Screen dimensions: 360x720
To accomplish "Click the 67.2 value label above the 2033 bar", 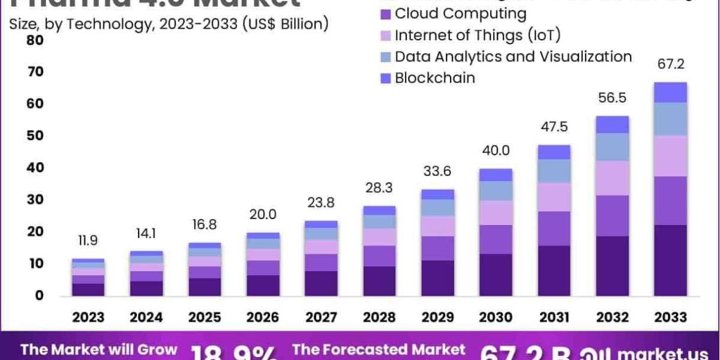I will pyautogui.click(x=671, y=64).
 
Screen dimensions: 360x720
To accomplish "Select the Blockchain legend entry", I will pyautogui.click(x=434, y=78).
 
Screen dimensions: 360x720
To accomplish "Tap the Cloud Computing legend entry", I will pyautogui.click(x=460, y=13).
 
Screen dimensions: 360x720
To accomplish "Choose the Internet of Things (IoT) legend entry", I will pyautogui.click(x=477, y=35).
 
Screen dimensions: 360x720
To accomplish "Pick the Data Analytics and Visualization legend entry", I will pyautogui.click(x=513, y=56).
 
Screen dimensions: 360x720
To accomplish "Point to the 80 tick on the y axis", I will pyautogui.click(x=35, y=40).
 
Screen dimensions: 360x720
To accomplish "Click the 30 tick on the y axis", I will pyautogui.click(x=35, y=199).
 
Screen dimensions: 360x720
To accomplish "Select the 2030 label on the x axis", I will pyautogui.click(x=496, y=317).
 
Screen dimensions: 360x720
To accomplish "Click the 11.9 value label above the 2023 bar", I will pyautogui.click(x=88, y=241).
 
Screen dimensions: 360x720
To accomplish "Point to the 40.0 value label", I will pyautogui.click(x=496, y=151).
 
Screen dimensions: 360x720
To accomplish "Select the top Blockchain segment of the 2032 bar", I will pyautogui.click(x=613, y=124).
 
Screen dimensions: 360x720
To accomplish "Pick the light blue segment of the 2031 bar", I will pyautogui.click(x=554, y=171).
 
